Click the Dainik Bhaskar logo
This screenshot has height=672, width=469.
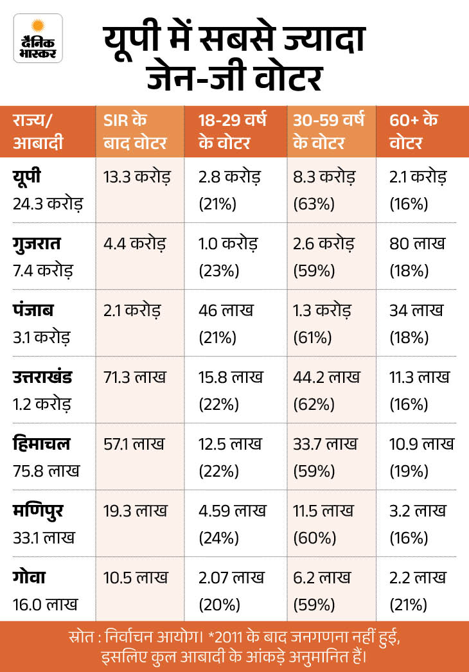click(x=38, y=39)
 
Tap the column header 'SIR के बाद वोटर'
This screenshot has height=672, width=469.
click(x=135, y=131)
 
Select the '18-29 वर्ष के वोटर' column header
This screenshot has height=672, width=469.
click(x=232, y=131)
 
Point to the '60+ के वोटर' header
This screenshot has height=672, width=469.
click(x=413, y=131)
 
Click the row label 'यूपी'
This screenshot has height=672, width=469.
click(x=26, y=176)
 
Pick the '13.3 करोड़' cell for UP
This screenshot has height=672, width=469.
click(x=137, y=177)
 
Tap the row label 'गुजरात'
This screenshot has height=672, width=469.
click(x=37, y=244)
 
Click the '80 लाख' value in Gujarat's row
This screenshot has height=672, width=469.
click(x=417, y=243)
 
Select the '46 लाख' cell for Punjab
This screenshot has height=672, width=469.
click(x=226, y=310)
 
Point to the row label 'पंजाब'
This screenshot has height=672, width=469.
click(x=33, y=310)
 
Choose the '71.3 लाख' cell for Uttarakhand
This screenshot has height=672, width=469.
click(x=134, y=377)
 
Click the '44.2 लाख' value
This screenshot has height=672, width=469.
click(x=326, y=377)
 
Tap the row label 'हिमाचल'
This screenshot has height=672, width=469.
click(x=41, y=443)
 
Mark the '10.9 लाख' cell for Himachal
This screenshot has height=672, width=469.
click(x=421, y=444)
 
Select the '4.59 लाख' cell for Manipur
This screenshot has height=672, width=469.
click(x=232, y=511)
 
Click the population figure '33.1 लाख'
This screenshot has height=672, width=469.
click(x=43, y=538)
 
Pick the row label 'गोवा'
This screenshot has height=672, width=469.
click(x=29, y=577)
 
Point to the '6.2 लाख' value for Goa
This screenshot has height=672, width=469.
click(x=321, y=578)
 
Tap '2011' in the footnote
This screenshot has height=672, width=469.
click(x=231, y=637)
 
